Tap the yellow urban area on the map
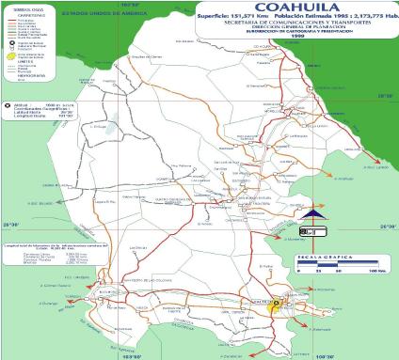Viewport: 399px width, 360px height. [275, 304]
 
